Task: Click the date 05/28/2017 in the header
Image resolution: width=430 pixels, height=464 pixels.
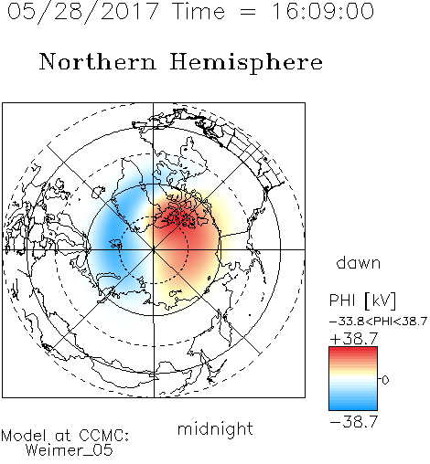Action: pyautogui.click(x=82, y=12)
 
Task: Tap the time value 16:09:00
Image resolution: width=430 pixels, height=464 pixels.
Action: pyautogui.click(x=323, y=11)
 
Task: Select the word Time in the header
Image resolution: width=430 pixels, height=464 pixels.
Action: pyautogui.click(x=199, y=11)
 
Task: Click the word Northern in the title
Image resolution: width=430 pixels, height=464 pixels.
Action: pyautogui.click(x=98, y=61)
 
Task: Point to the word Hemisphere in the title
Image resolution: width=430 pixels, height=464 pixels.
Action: pyautogui.click(x=246, y=63)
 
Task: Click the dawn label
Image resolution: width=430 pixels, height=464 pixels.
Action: pyautogui.click(x=359, y=263)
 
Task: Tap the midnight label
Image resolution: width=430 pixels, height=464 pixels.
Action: pyautogui.click(x=215, y=428)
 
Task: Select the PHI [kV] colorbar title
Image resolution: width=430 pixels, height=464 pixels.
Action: pyautogui.click(x=362, y=301)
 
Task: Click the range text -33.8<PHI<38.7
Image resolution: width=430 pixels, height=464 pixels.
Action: pyautogui.click(x=378, y=322)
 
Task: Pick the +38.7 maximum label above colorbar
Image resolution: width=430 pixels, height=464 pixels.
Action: pyautogui.click(x=354, y=339)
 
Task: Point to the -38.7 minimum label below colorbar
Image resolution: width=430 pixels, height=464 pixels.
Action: pyautogui.click(x=354, y=422)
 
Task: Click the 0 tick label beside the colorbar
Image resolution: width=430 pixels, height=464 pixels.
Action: pyautogui.click(x=385, y=380)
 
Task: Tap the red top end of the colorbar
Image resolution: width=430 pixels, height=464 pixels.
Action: pyautogui.click(x=353, y=350)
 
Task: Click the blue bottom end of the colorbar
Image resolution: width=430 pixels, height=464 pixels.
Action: pyautogui.click(x=353, y=407)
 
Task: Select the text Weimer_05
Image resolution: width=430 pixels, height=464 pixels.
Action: pyautogui.click(x=70, y=450)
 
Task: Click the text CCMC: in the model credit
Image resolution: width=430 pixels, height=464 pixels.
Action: pyautogui.click(x=103, y=436)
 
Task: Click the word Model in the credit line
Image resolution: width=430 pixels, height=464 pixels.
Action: pyautogui.click(x=24, y=436)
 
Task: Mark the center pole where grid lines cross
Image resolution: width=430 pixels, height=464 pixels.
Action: pyautogui.click(x=154, y=249)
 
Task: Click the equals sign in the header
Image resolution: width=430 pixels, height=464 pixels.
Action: pyautogui.click(x=248, y=12)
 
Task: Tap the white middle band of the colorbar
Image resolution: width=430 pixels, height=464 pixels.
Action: pyautogui.click(x=353, y=380)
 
